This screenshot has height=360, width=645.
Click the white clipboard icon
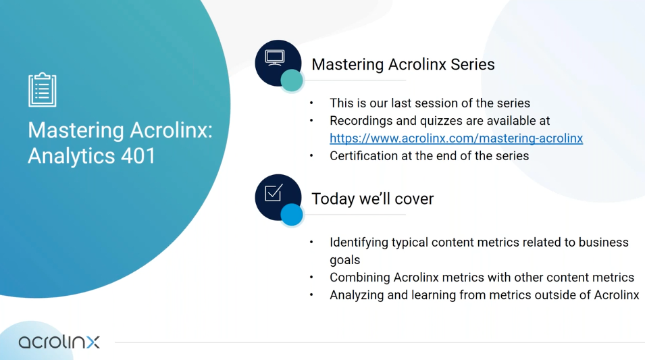coord(43,90)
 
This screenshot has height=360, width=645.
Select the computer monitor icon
coord(274,57)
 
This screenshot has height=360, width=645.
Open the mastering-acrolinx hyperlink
coord(456,138)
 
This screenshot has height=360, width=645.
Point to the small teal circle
coord(292,80)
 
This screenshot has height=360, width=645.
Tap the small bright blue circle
coord(292,214)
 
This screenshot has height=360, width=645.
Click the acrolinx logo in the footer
coord(59,342)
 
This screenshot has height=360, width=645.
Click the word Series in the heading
coord(473,65)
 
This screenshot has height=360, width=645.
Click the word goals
coord(344,261)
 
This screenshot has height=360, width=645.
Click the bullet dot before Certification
coord(311,156)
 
